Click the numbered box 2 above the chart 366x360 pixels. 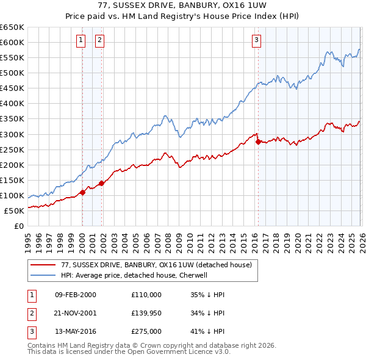[x=99, y=41]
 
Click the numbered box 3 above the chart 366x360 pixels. [x=256, y=41]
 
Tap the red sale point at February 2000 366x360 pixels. [x=82, y=192]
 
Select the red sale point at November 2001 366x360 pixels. [x=101, y=183]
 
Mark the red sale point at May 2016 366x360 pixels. [x=258, y=142]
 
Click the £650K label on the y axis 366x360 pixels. [x=12, y=27]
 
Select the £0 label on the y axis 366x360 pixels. [x=18, y=226]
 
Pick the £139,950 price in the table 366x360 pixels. [x=146, y=313]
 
